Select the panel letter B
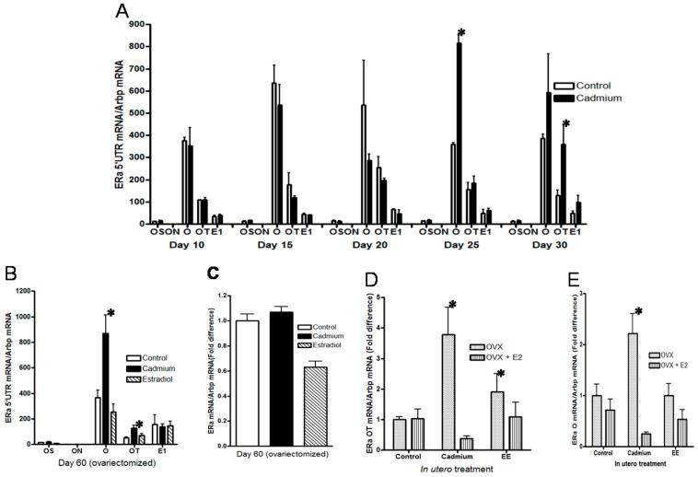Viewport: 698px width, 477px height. pyautogui.click(x=8, y=273)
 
